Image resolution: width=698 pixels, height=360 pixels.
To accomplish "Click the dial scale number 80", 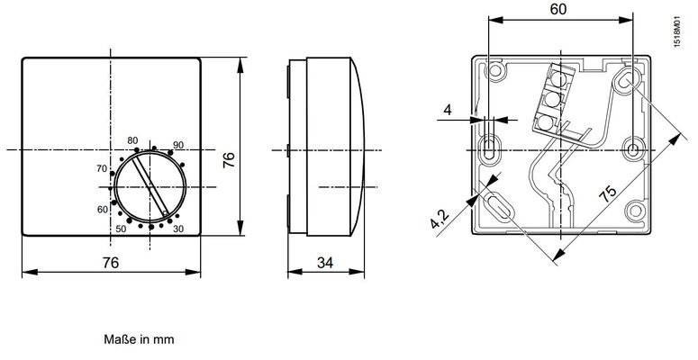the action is tap(132, 140).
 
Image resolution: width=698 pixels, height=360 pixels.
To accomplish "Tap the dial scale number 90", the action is tap(178, 145).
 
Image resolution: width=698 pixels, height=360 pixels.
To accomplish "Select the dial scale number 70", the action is tap(102, 168).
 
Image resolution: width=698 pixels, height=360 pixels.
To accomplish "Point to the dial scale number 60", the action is tap(103, 209).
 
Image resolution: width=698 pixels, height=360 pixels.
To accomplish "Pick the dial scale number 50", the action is tap(121, 229).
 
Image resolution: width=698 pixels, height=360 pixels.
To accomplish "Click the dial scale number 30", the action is tap(178, 229).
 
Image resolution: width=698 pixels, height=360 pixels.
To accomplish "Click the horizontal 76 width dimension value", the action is tap(111, 263).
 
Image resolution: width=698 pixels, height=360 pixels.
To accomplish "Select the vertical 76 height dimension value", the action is tap(229, 160).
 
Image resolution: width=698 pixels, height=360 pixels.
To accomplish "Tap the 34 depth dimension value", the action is tap(325, 263).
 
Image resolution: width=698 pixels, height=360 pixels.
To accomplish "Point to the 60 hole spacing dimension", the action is tap(558, 9).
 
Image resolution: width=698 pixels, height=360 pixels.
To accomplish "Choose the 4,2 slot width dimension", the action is tap(440, 219).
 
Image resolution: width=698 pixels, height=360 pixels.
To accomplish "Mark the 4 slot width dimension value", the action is tap(448, 110).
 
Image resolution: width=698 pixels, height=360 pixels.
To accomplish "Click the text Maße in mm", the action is tap(139, 339).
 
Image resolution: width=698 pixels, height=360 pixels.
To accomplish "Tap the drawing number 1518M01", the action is tap(676, 31).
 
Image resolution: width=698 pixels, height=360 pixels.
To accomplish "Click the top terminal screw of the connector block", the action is tap(558, 80).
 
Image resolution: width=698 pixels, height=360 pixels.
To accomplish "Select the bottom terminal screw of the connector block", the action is tap(545, 121).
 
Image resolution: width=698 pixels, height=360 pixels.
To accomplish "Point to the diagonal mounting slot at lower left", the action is tap(498, 206).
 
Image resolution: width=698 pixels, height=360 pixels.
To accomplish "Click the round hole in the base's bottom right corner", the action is tap(635, 211).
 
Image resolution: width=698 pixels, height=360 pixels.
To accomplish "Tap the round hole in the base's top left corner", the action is tap(495, 70).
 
